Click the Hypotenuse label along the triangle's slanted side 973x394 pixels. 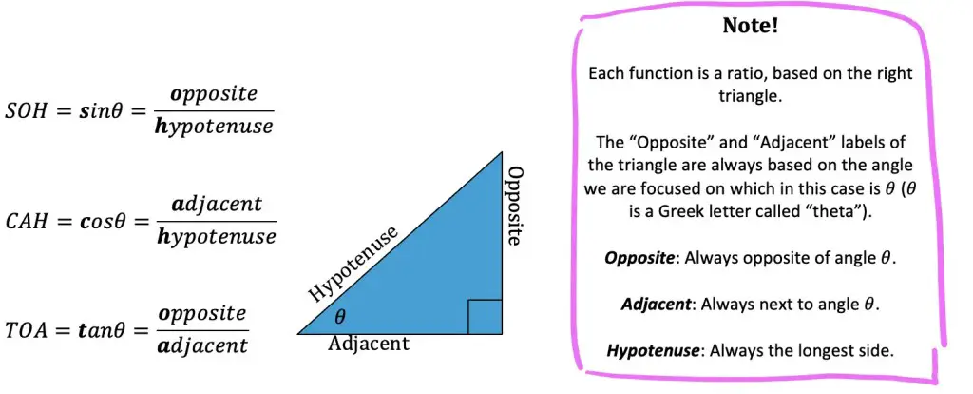(x=353, y=265)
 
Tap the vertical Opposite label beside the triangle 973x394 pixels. (x=514, y=206)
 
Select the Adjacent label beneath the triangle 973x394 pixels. (x=370, y=343)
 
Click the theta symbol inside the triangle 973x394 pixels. (x=339, y=317)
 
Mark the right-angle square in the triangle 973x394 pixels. (x=485, y=316)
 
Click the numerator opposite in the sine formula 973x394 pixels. (x=207, y=95)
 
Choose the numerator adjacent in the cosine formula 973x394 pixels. (x=211, y=205)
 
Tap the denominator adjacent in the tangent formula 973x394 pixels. (x=203, y=345)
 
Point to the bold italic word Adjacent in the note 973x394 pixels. (x=656, y=305)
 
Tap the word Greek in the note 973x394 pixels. (x=692, y=211)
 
